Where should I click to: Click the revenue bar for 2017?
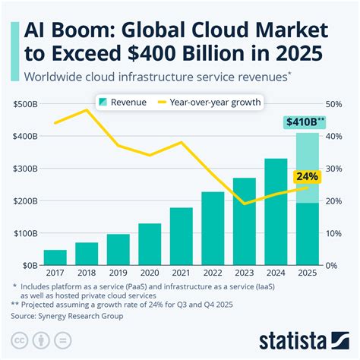(55, 257)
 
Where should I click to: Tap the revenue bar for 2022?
(213, 229)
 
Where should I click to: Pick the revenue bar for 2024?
(276, 212)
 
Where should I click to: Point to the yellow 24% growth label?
(306, 177)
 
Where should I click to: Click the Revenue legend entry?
(125, 101)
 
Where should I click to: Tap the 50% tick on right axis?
(335, 104)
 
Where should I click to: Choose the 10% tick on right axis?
(335, 234)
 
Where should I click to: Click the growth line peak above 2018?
(86, 110)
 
